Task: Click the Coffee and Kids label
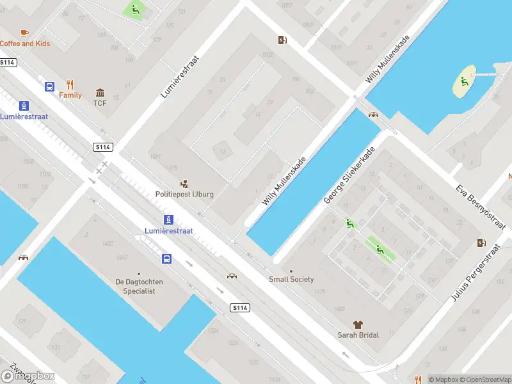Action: point(25,44)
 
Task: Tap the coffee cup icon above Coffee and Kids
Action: point(24,32)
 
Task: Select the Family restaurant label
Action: point(70,95)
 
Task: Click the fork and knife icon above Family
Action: point(70,84)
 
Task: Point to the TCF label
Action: point(100,103)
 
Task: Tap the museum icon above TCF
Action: point(100,93)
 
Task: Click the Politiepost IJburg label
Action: point(184,194)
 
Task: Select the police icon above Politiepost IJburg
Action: point(184,183)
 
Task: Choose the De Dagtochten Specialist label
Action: point(144,286)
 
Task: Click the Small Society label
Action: point(291,279)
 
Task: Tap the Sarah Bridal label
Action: point(358,335)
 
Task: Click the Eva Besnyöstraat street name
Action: point(480,207)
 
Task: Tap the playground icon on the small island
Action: point(463,81)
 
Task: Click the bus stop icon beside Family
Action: point(49,86)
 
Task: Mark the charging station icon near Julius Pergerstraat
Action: point(481,243)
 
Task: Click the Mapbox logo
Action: point(28,376)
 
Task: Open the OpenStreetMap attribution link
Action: point(484,380)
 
